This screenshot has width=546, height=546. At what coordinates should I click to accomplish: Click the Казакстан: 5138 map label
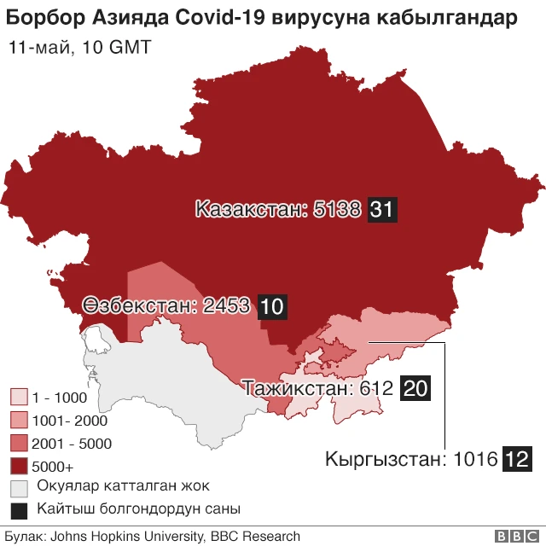278,209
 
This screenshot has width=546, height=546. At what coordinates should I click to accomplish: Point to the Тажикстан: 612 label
318,389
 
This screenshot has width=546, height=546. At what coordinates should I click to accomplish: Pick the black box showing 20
415,389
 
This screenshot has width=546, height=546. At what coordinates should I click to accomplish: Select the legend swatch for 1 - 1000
19,398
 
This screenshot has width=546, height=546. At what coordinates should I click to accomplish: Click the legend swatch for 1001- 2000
19,421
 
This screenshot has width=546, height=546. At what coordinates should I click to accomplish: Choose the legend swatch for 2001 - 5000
19,444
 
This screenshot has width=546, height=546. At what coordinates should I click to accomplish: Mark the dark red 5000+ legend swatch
19,467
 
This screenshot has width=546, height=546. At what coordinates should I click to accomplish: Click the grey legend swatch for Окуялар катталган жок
19,488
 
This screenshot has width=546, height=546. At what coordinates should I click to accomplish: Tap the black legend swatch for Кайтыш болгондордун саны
19,510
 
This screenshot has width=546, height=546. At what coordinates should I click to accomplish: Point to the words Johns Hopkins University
126,537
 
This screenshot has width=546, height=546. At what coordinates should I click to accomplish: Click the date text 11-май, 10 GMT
78,48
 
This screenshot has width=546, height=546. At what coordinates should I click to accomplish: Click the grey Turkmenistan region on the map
162,375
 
